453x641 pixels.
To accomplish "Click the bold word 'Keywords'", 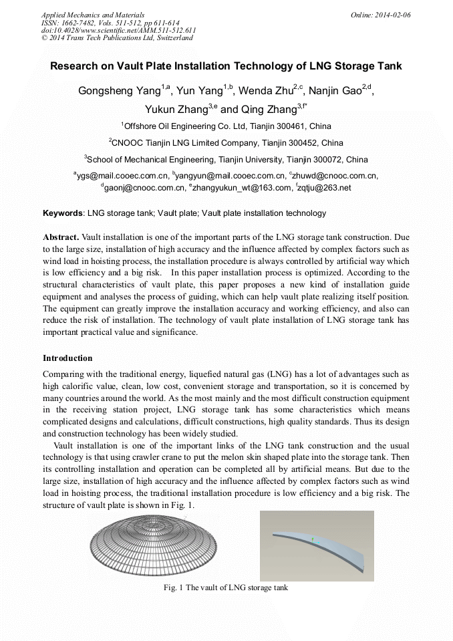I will (x=63, y=213).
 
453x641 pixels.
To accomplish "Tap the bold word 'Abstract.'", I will (x=61, y=237).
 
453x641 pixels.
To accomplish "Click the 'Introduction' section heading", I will (x=67, y=358).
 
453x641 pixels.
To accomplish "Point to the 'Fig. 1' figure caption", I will (x=226, y=588).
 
